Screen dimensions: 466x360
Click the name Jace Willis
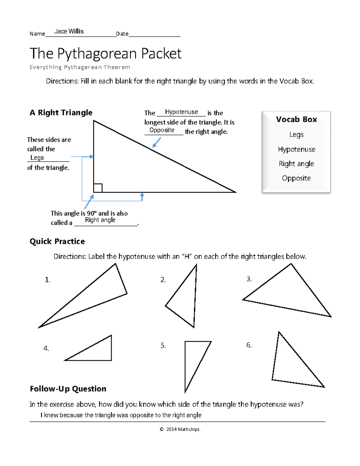pyautogui.click(x=69, y=31)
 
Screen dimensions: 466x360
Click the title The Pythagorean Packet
pyautogui.click(x=105, y=54)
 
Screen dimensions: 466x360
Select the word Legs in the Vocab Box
pyautogui.click(x=296, y=135)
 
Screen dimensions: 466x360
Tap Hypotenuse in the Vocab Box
pyautogui.click(x=296, y=149)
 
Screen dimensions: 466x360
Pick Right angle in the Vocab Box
pyautogui.click(x=296, y=164)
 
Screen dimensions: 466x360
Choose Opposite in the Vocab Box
pyautogui.click(x=296, y=178)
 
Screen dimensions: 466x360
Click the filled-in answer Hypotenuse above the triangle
pyautogui.click(x=181, y=112)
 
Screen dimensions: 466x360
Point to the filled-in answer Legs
pyautogui.click(x=37, y=158)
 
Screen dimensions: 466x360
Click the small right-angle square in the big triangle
pyautogui.click(x=98, y=188)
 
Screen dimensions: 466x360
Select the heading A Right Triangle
pyautogui.click(x=61, y=113)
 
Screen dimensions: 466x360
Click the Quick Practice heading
pyautogui.click(x=57, y=241)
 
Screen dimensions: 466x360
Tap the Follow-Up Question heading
pyautogui.click(x=68, y=389)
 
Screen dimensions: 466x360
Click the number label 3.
pyautogui.click(x=249, y=279)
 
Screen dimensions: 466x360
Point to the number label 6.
pyautogui.click(x=249, y=345)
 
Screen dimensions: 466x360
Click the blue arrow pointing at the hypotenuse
pyautogui.click(x=157, y=142)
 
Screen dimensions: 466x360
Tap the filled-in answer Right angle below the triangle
pyautogui.click(x=100, y=220)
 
